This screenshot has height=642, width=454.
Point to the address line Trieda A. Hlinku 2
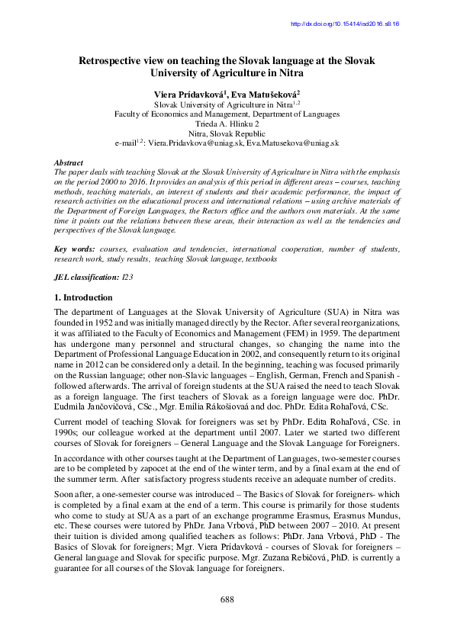(x=227, y=123)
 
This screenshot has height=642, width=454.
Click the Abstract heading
(x=69, y=163)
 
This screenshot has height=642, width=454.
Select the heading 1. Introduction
(x=83, y=297)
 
